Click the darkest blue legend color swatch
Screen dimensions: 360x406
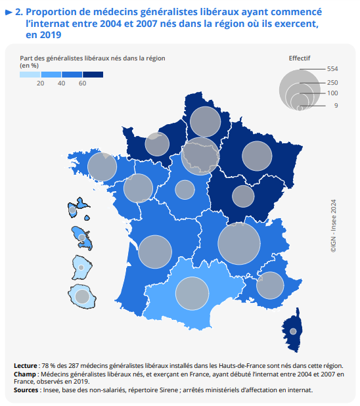click(93, 75)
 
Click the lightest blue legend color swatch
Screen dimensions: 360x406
click(30, 75)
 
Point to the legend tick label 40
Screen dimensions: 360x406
click(61, 83)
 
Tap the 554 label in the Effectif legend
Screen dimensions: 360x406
click(332, 69)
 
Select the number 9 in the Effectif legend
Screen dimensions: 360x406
click(336, 106)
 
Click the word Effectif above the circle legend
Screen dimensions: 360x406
click(300, 58)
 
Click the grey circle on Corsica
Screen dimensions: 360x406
click(293, 331)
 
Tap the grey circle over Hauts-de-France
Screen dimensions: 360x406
click(206, 122)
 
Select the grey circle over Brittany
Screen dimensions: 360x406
click(102, 167)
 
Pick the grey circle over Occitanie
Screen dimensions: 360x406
click(192, 294)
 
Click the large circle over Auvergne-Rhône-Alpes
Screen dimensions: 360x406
click(239, 243)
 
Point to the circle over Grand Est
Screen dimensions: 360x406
click(257, 156)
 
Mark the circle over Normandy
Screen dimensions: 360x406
click(157, 144)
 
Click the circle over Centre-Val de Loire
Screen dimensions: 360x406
click(185, 190)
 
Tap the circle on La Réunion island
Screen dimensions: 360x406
click(82, 296)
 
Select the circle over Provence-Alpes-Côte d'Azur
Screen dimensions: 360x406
click(270, 285)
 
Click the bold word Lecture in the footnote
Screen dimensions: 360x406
click(26, 366)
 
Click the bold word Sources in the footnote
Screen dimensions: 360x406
click(26, 390)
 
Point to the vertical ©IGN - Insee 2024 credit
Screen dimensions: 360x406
click(333, 226)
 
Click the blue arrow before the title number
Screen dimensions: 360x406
click(9, 12)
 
